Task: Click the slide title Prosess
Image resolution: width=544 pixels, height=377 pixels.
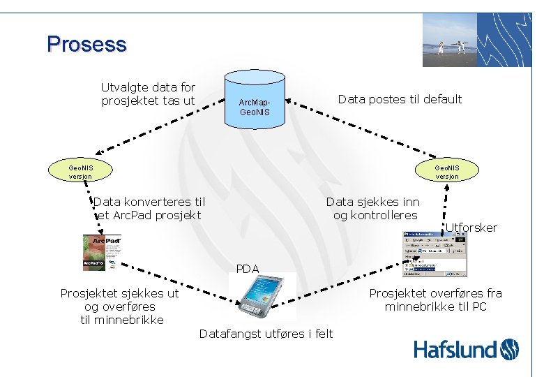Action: click(x=86, y=45)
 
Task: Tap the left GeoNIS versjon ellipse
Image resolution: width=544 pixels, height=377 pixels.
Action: click(x=80, y=171)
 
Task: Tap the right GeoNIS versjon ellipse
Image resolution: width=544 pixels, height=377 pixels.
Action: click(x=447, y=171)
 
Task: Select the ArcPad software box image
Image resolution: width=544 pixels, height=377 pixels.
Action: click(x=102, y=252)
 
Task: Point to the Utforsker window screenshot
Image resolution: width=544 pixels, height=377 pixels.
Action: click(x=436, y=257)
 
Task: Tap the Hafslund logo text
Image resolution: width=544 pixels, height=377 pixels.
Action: click(x=456, y=350)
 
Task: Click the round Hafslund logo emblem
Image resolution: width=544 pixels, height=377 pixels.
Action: click(x=510, y=349)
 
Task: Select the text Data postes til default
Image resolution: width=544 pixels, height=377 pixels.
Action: click(x=400, y=99)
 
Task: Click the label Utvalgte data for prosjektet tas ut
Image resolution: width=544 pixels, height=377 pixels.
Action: click(x=148, y=94)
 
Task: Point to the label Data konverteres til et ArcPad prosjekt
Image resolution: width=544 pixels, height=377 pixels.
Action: click(x=149, y=208)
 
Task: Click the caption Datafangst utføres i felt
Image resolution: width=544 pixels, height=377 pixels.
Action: click(x=266, y=334)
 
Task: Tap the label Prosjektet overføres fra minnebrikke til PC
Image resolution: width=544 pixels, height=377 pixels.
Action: click(x=435, y=300)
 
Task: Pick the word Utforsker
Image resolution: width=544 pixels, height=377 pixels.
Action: click(x=471, y=228)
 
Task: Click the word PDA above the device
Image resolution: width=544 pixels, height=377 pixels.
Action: click(x=248, y=269)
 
